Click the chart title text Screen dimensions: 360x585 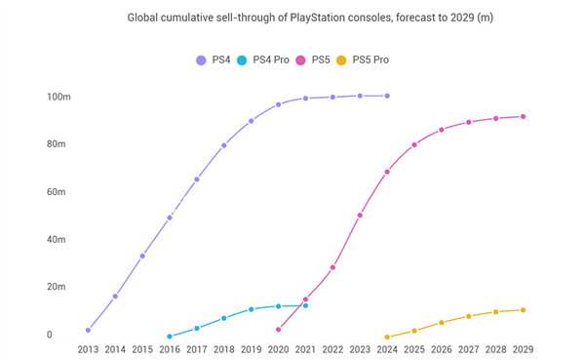click(x=292, y=18)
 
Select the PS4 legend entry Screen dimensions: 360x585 click(x=214, y=60)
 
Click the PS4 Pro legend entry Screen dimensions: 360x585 click(x=266, y=60)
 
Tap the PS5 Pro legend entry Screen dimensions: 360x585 click(x=363, y=60)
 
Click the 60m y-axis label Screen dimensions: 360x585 click(x=55, y=192)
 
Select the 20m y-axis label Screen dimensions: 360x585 click(x=55, y=287)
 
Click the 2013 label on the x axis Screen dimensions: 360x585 click(x=88, y=349)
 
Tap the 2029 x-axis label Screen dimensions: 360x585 click(x=524, y=349)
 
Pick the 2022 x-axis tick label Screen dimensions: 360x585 click(x=332, y=349)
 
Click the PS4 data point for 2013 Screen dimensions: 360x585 click(x=88, y=330)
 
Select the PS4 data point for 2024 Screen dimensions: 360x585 click(x=387, y=96)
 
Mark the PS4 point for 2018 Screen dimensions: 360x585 click(x=224, y=145)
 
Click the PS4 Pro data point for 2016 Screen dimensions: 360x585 click(x=170, y=337)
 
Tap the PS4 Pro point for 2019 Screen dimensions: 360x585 click(x=252, y=309)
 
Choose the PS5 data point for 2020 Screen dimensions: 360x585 click(x=279, y=330)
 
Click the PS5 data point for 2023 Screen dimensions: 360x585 click(x=360, y=216)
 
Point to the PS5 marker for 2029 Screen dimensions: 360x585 click(x=524, y=116)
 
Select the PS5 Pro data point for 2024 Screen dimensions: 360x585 click(x=387, y=338)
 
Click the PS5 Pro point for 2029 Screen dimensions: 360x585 click(x=524, y=310)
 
